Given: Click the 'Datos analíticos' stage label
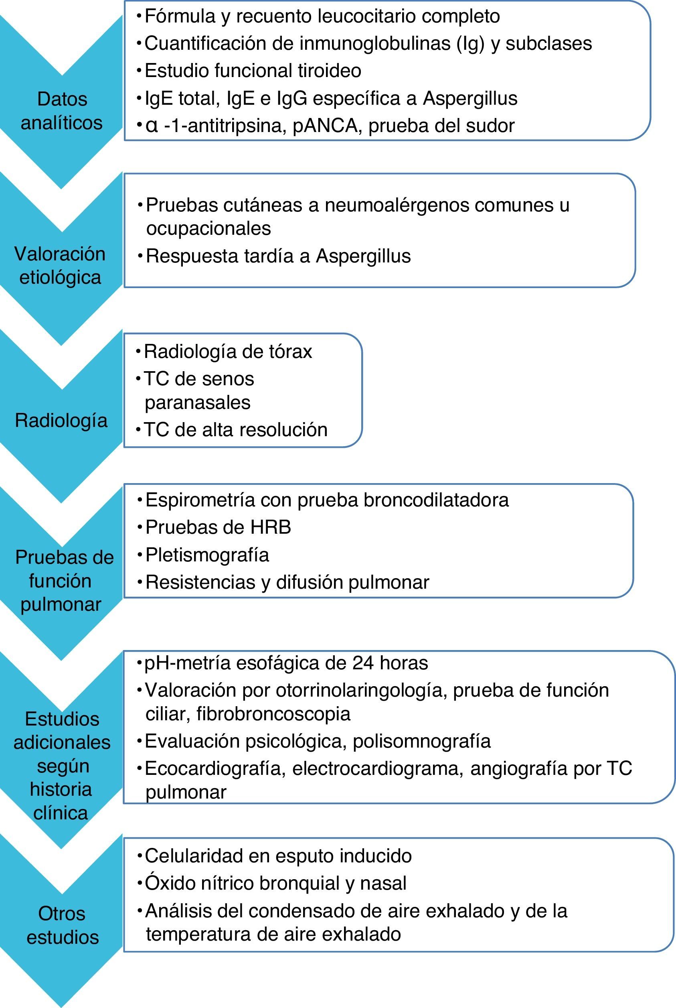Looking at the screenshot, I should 62,111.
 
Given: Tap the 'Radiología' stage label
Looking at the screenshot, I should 61,420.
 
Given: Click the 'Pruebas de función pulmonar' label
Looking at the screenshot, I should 64,580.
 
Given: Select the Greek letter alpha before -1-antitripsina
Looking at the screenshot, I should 152,126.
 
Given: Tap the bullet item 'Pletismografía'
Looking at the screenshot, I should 207,555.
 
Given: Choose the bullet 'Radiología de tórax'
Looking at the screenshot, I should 228,351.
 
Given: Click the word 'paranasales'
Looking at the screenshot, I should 197,402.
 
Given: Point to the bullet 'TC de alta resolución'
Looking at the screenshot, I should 235,429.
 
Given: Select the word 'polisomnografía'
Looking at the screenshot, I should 422,741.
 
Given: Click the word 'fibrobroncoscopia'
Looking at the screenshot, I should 273,714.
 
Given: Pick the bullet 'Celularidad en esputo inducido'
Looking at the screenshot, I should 278,856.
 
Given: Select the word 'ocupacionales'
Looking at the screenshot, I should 208,228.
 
